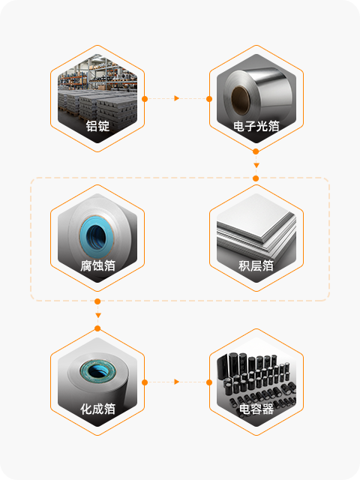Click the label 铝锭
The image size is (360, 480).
97,126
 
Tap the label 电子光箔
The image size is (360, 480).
256,126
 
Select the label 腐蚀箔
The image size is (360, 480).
97,265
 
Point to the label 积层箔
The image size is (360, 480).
256,265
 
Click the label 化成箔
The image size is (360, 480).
97,409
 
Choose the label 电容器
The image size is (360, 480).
256,409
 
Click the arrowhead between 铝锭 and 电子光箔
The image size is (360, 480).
177,98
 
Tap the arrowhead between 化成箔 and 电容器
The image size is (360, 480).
177,382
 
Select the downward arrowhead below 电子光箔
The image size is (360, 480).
256,165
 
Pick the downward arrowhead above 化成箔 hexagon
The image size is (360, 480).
98,315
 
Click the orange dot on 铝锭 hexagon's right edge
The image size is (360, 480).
145,99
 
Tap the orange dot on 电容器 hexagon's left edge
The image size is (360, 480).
209,382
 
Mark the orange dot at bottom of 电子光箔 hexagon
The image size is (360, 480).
256,151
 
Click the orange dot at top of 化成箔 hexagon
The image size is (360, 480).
97,328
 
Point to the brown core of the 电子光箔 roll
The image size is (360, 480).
240,100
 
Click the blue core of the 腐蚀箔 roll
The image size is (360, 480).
97,237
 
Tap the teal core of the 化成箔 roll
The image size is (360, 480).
98,371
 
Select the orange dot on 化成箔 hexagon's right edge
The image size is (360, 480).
145,382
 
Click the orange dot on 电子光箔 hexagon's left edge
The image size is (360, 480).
209,99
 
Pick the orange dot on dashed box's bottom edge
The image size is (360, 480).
97,301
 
